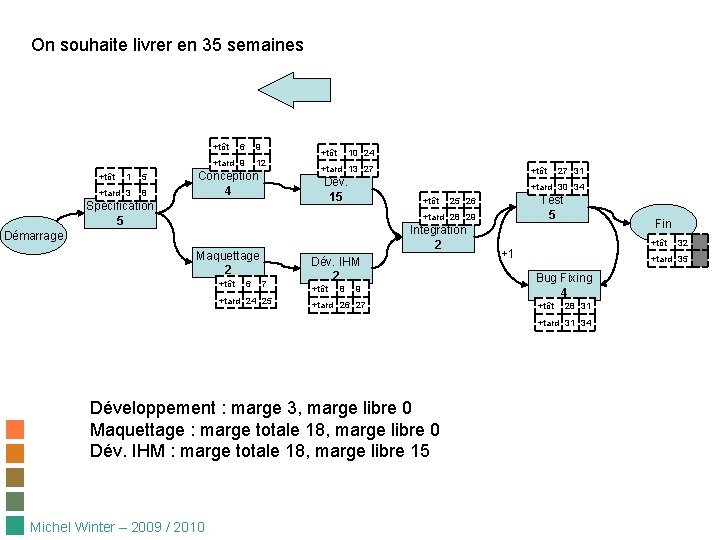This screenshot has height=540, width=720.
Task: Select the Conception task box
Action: pos(228,184)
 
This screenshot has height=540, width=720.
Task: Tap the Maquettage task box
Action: pos(228,262)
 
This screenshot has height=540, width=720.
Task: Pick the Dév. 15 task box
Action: pos(336,190)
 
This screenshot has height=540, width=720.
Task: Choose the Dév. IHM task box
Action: pos(336,268)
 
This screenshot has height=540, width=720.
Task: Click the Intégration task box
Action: pos(438,237)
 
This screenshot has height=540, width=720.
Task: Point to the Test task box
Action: pos(551,207)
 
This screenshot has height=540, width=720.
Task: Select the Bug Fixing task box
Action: pos(564,285)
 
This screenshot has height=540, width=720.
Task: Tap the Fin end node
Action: pos(663,223)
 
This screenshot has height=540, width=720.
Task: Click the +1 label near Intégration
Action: pos(508,253)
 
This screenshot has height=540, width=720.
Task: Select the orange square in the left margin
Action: pos(15,430)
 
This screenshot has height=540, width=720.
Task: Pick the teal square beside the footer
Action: pos(15,526)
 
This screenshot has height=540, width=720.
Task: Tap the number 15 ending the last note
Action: pos(419,451)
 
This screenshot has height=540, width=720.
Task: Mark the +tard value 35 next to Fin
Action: pos(682,259)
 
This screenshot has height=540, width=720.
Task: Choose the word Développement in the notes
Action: pos(153,408)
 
